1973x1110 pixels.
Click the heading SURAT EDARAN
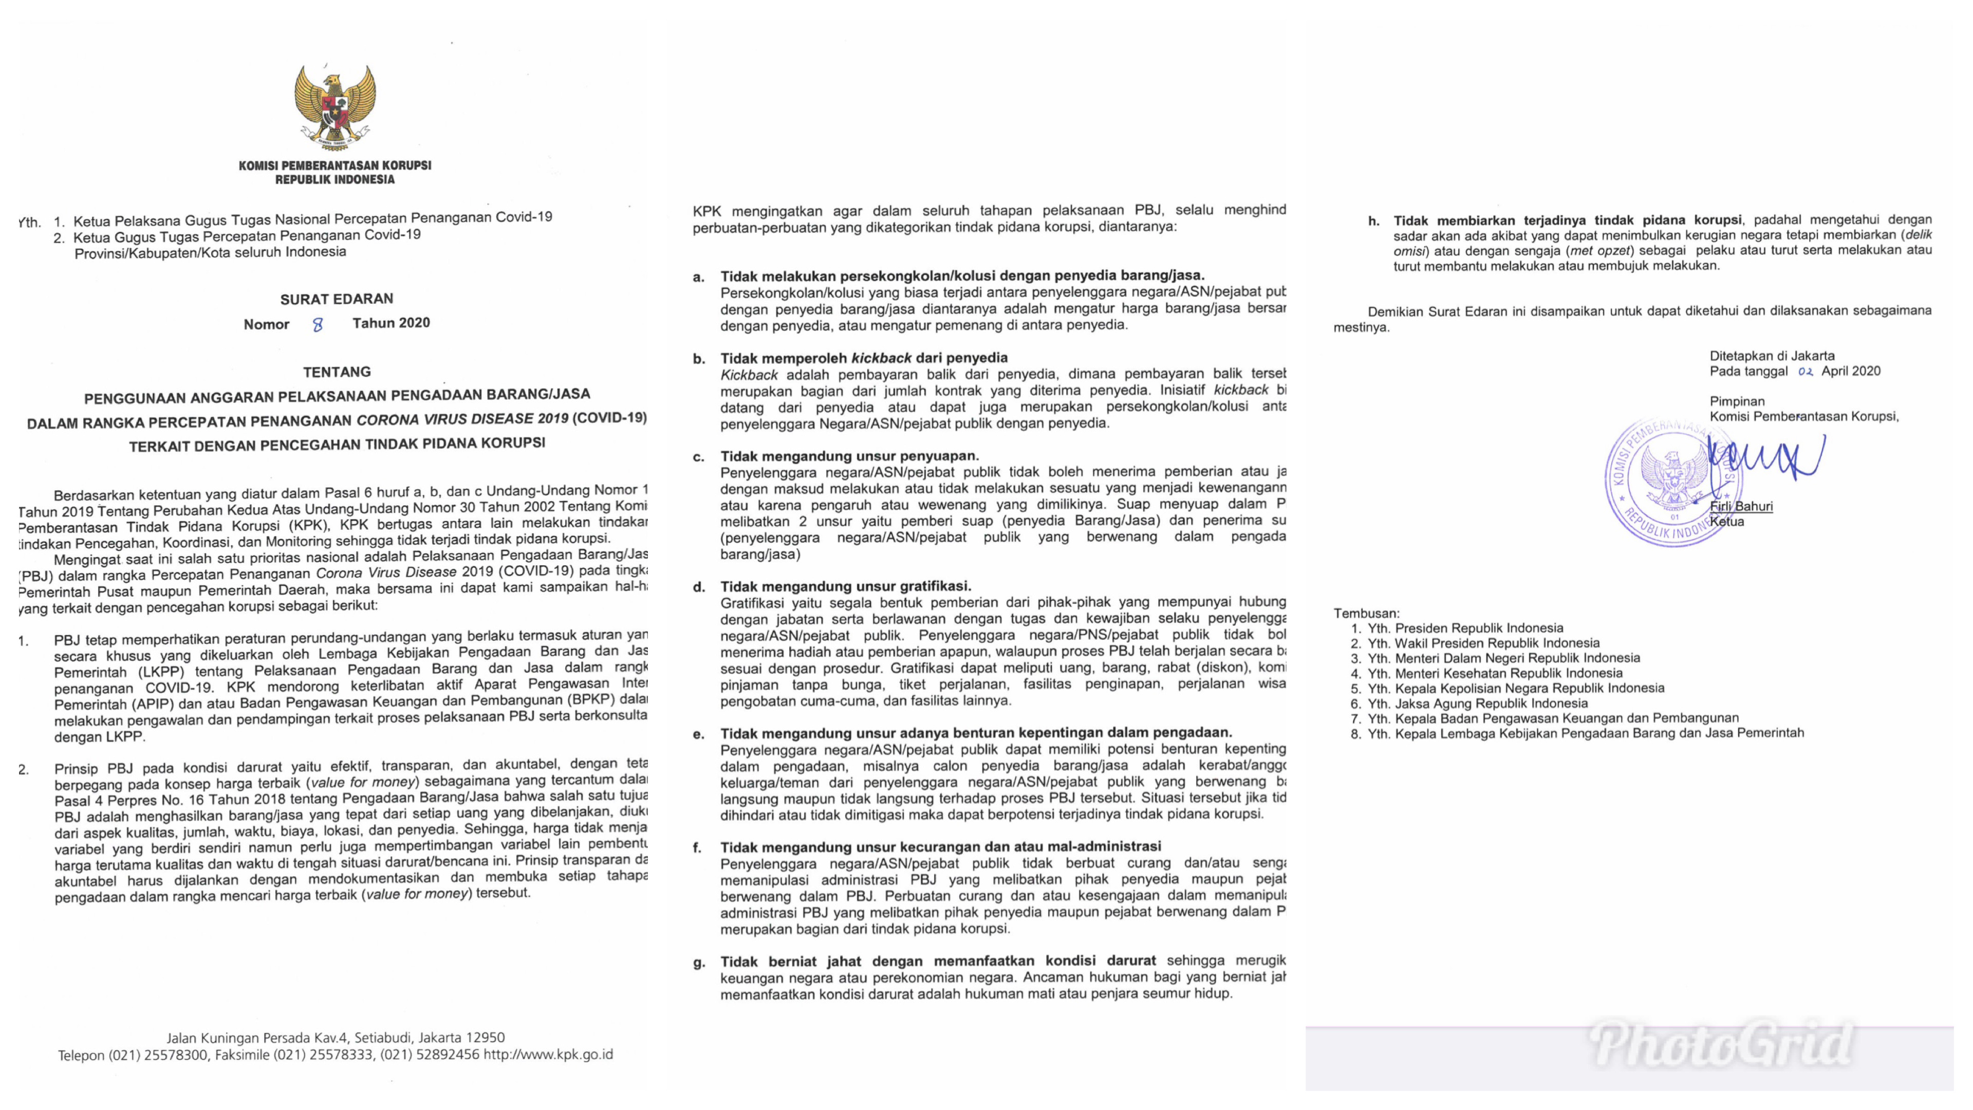coord(336,299)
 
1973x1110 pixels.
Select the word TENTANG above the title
coord(337,372)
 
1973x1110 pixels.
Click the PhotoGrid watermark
coord(1720,1043)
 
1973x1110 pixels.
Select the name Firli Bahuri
coord(1741,506)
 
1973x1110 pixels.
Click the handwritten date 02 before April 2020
coord(1806,372)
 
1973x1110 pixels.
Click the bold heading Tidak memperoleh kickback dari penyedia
coord(863,358)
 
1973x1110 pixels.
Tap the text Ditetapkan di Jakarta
coord(1772,356)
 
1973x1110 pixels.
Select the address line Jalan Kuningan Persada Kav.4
coord(336,1037)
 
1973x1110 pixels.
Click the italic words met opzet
coord(1601,250)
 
